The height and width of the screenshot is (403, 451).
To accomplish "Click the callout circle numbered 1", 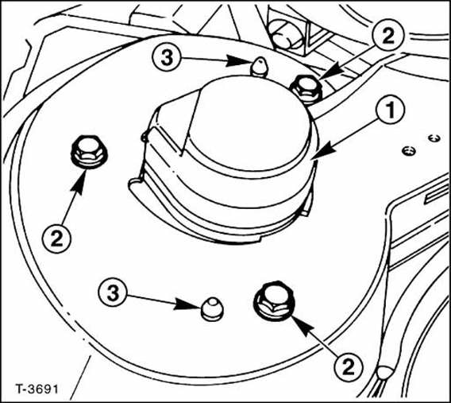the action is tap(390, 110).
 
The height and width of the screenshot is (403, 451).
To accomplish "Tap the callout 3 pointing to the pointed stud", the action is tap(167, 58).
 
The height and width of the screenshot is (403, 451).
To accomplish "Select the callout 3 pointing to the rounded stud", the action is tap(113, 293).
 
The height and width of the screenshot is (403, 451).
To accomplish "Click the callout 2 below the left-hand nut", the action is tap(56, 238).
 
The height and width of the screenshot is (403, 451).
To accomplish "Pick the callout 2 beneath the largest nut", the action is tap(349, 368).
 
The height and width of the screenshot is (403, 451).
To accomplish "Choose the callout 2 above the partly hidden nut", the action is tap(387, 36).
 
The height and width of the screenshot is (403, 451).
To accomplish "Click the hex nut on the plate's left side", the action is tap(89, 152).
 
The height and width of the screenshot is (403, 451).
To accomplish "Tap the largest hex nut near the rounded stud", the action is tap(274, 300).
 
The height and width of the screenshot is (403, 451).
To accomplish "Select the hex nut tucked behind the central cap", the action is tap(306, 88).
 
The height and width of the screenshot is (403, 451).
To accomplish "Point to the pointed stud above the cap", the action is tap(260, 67).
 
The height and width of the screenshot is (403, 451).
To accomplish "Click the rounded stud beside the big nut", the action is tap(212, 309).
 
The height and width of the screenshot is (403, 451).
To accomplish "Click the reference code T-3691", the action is tap(37, 389).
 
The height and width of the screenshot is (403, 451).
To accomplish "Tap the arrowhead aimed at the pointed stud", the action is tap(237, 60).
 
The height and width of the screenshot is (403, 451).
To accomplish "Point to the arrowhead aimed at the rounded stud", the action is tap(187, 304).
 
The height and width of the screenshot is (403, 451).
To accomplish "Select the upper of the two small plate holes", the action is tap(434, 138).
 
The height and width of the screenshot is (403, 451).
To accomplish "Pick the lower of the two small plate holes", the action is tap(409, 150).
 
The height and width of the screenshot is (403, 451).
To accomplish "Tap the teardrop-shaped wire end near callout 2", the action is tap(384, 373).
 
